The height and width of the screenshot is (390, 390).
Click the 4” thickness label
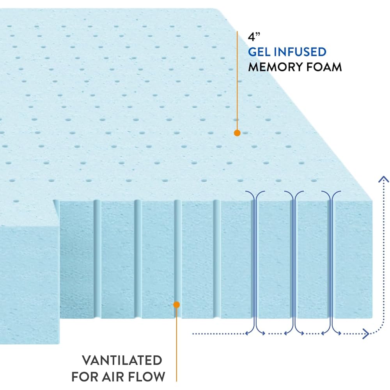pyautogui.click(x=254, y=37)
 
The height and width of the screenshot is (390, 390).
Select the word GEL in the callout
pyautogui.click(x=262, y=51)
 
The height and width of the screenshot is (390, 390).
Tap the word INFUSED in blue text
pyautogui.click(x=303, y=51)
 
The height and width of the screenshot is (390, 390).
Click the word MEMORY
pyautogui.click(x=275, y=67)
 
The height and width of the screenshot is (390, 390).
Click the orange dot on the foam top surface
pyautogui.click(x=237, y=133)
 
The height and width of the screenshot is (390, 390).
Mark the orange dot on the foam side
pyautogui.click(x=177, y=305)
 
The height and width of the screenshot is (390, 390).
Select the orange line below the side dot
pyautogui.click(x=177, y=343)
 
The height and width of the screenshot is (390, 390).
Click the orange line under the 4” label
pyautogui.click(x=237, y=78)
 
